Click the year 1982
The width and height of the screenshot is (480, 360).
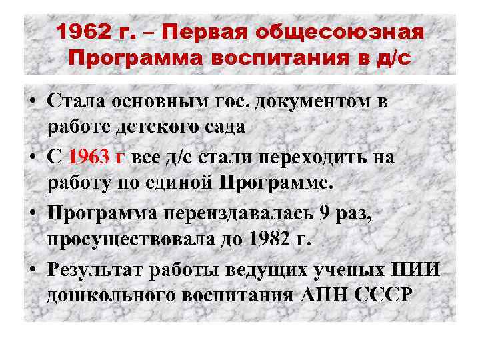(x=272, y=239)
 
